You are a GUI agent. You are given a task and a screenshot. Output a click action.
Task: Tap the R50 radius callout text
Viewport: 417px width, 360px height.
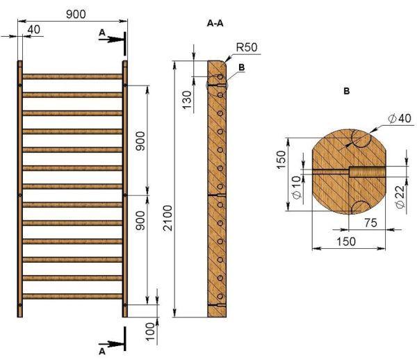[x=247, y=47]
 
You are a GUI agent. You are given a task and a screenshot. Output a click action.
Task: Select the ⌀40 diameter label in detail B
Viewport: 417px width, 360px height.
[x=400, y=118]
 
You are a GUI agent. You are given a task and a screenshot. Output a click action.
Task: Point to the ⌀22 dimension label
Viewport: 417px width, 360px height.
[x=400, y=197]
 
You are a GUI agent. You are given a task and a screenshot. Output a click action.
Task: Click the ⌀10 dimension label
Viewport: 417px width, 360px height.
[x=297, y=187]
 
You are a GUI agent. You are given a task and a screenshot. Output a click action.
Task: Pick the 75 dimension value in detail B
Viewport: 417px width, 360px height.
[x=370, y=223]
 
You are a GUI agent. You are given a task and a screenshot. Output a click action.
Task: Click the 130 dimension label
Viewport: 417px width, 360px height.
[x=187, y=100]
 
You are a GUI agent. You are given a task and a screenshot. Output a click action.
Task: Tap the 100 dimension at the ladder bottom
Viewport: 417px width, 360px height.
[x=150, y=332]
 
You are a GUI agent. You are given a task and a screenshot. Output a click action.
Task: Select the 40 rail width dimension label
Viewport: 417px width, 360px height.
[x=34, y=29]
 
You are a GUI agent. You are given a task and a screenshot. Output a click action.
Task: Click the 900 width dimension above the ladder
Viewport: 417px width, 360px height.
[x=76, y=15]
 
